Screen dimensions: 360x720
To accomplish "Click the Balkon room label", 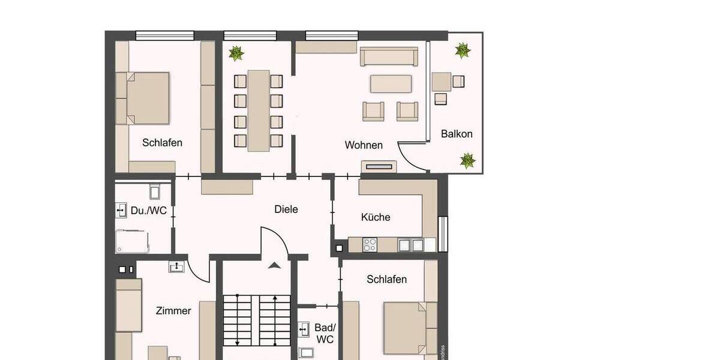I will click(457, 134).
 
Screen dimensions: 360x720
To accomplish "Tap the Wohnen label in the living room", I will click(364, 145).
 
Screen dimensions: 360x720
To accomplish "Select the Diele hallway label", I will click(286, 209).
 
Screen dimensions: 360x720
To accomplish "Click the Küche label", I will click(376, 217).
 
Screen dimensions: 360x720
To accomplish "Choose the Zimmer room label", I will click(173, 311).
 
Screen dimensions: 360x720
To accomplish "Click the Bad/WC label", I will click(325, 334).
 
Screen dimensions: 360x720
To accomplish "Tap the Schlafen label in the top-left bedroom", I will click(162, 143).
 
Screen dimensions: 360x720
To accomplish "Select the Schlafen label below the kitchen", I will click(386, 279).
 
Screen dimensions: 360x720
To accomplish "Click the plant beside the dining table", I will click(236, 54).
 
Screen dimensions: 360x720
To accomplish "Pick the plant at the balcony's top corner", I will click(462, 50).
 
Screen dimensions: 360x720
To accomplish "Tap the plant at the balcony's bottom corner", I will click(467, 160).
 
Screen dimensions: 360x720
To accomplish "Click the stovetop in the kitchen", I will click(370, 245).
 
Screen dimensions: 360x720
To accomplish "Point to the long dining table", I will click(259, 110).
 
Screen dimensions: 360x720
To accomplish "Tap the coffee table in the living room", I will click(391, 83).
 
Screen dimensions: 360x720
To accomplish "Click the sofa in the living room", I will click(389, 57).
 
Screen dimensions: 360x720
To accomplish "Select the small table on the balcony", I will click(441, 81).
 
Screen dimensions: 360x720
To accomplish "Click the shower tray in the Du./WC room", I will click(132, 241).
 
